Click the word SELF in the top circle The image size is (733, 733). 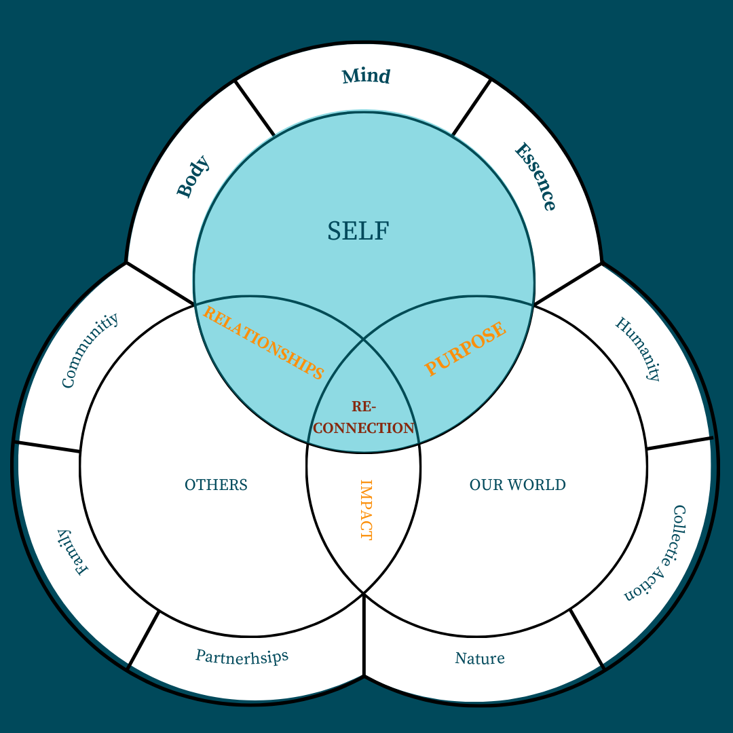click(x=358, y=231)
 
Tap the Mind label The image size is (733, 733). click(x=366, y=76)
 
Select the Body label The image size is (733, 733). click(x=193, y=177)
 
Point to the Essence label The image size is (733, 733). click(x=535, y=176)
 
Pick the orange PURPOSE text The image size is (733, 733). click(x=466, y=349)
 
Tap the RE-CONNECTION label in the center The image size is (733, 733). click(x=364, y=417)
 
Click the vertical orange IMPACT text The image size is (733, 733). click(x=365, y=510)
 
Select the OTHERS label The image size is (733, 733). click(x=216, y=485)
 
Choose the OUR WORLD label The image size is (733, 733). click(x=517, y=485)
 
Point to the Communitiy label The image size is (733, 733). click(x=90, y=350)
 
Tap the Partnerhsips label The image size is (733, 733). click(x=242, y=656)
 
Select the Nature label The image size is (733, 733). click(x=480, y=658)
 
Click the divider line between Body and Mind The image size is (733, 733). click(x=255, y=108)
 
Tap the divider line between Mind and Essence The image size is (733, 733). click(x=472, y=107)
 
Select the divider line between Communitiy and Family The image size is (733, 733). click(x=48, y=447)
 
